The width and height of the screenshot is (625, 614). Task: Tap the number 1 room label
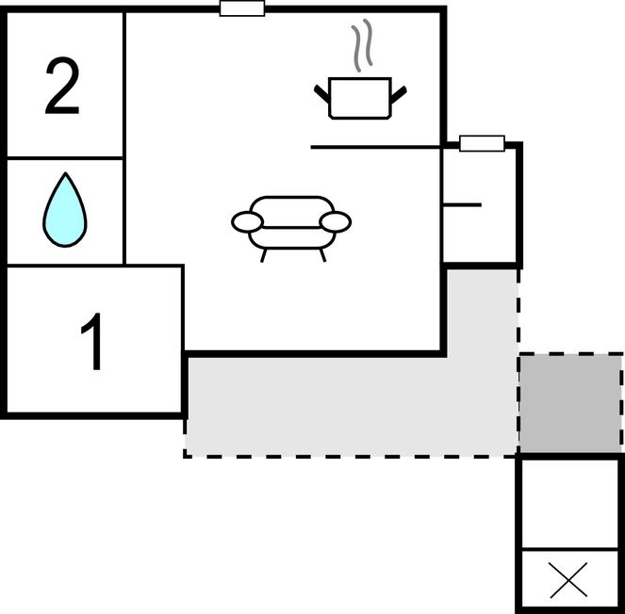tap(92, 343)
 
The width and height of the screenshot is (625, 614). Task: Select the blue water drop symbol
tap(64, 210)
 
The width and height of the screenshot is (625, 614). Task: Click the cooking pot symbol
tap(359, 98)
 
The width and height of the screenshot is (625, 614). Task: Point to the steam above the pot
tap(360, 48)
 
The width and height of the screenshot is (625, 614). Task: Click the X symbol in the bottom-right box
tap(568, 580)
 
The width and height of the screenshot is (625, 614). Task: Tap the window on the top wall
tap(242, 8)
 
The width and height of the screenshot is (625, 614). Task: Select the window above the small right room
tap(482, 143)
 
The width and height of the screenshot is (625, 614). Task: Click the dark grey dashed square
tap(570, 403)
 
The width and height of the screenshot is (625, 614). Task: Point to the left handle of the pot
tap(321, 93)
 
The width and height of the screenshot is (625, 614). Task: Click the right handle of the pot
tap(398, 93)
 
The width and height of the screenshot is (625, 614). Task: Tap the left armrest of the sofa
tap(247, 222)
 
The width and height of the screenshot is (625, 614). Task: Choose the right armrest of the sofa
tap(336, 222)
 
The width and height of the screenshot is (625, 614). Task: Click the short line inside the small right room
tap(462, 204)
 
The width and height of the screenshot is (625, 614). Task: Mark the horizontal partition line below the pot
tap(377, 147)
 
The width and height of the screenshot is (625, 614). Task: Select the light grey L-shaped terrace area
tap(349, 405)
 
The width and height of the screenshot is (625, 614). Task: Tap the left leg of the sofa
tap(263, 255)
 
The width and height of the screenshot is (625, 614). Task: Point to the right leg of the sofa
tap(321, 255)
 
